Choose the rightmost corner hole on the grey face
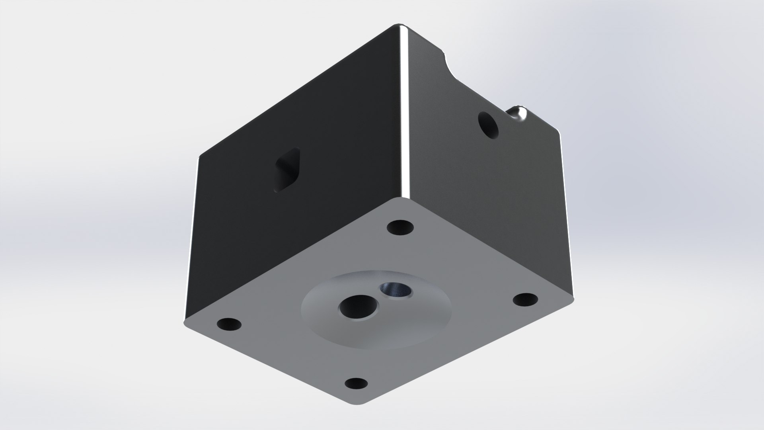tap(524, 299)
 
